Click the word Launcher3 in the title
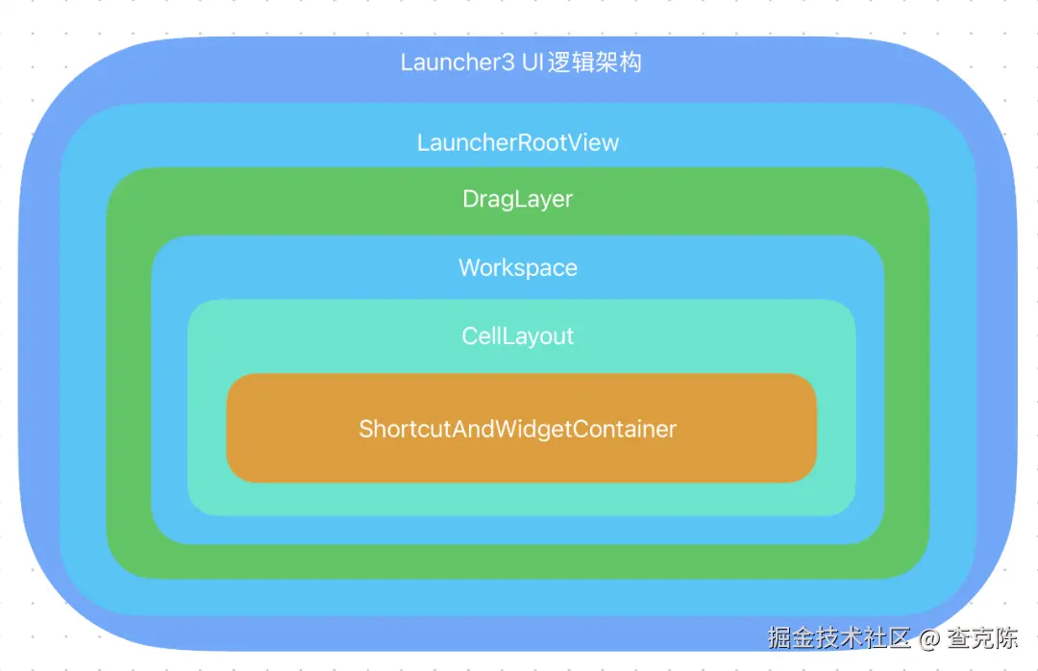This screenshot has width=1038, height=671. click(457, 62)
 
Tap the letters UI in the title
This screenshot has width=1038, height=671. click(532, 62)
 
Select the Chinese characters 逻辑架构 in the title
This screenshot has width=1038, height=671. click(595, 62)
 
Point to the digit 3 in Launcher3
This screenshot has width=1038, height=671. click(507, 62)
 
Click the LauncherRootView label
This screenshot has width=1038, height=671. click(518, 142)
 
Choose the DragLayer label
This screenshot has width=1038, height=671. click(518, 199)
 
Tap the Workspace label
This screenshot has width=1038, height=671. click(518, 267)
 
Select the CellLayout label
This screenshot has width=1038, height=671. click(518, 335)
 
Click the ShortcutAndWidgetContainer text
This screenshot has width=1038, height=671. click(518, 429)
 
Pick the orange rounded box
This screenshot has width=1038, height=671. click(521, 428)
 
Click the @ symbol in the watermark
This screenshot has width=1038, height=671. click(928, 638)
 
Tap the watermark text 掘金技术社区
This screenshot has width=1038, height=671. click(839, 637)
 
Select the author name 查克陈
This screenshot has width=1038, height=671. click(982, 637)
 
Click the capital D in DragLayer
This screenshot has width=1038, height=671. click(471, 199)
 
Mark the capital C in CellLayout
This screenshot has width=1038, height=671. click(470, 335)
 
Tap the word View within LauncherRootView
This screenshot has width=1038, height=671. click(596, 142)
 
